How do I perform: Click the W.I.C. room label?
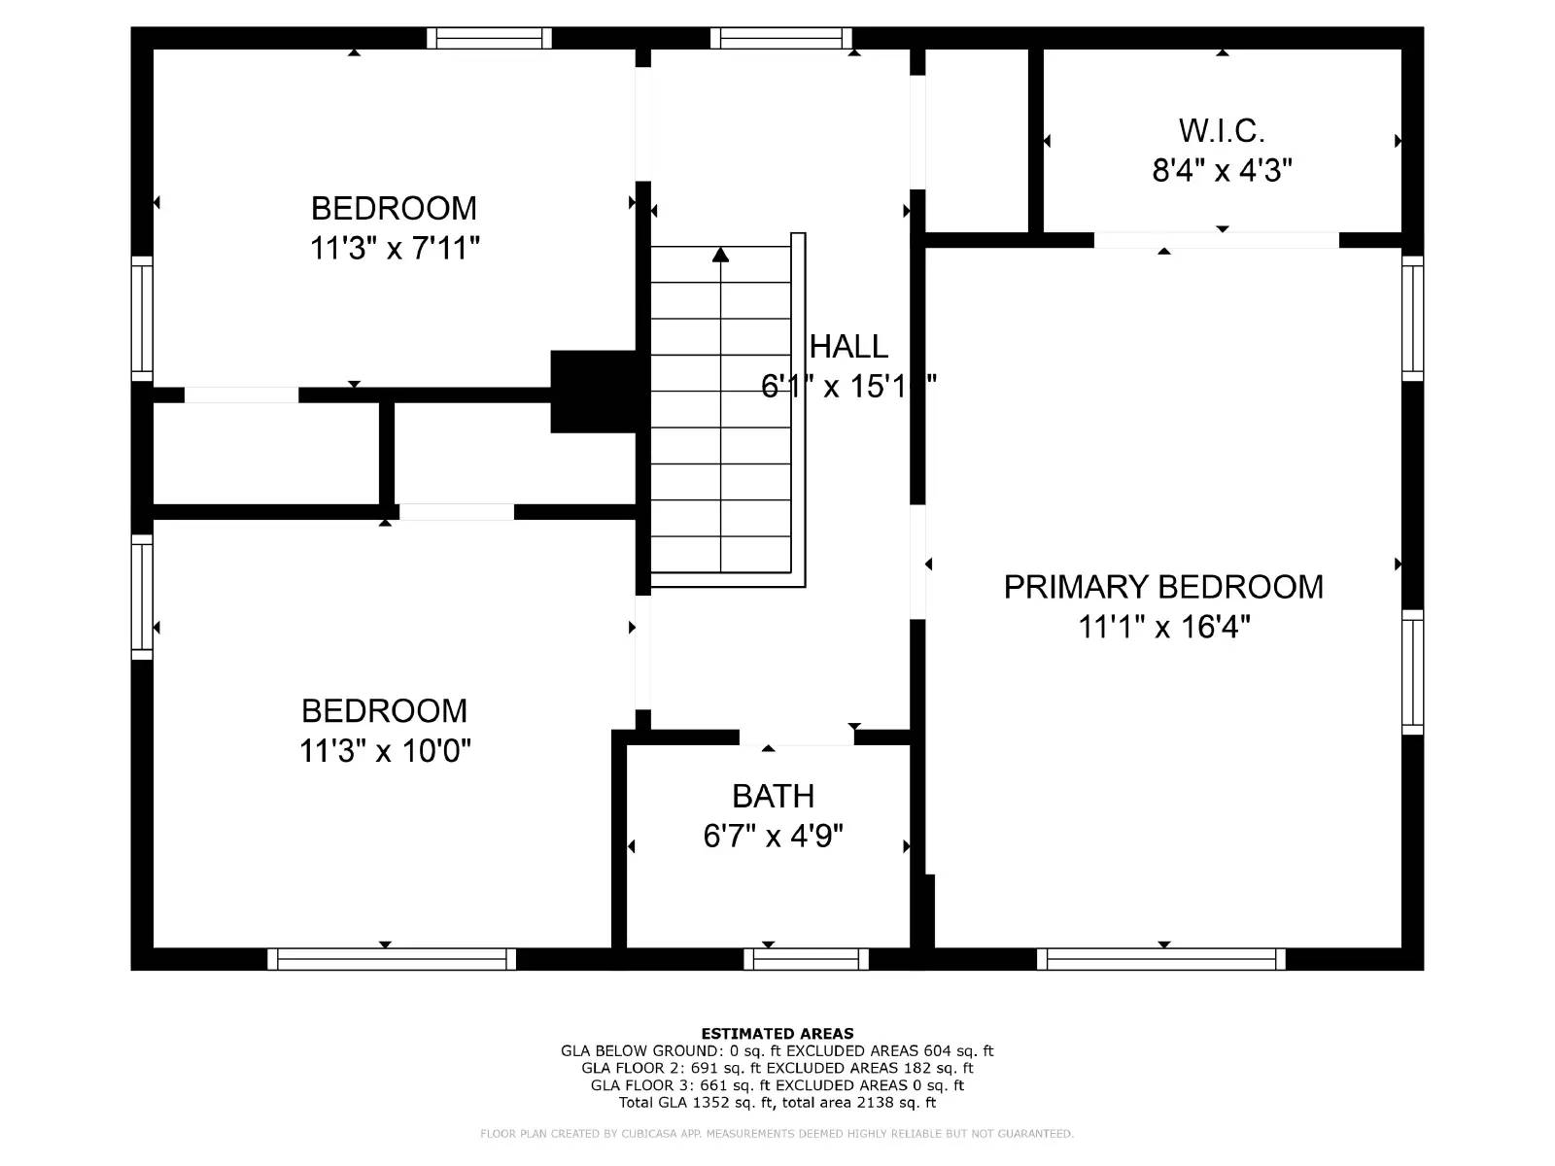[x=1222, y=130]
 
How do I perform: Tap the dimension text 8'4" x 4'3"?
[x=1222, y=171]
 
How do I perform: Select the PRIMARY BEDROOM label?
[x=1163, y=587]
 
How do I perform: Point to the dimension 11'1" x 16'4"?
[x=1163, y=627]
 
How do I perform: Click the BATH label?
[x=773, y=796]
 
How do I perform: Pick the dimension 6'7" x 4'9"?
[x=773, y=836]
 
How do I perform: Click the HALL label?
[x=848, y=347]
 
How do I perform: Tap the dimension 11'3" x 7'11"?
[x=395, y=249]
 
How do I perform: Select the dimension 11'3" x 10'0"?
[x=385, y=751]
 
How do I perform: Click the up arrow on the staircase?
[x=720, y=256]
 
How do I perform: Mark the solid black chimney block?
[x=594, y=392]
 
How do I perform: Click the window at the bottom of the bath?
[x=806, y=959]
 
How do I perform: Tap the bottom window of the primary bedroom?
[x=1161, y=959]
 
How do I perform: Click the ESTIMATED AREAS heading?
[x=777, y=1034]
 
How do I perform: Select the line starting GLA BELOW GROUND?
[x=777, y=1051]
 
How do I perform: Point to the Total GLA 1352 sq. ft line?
[x=777, y=1103]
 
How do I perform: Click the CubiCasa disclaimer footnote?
[x=777, y=1134]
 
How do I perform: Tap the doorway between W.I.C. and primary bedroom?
[x=1217, y=240]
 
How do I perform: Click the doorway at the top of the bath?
[x=797, y=737]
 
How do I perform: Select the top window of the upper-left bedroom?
[x=489, y=38]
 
